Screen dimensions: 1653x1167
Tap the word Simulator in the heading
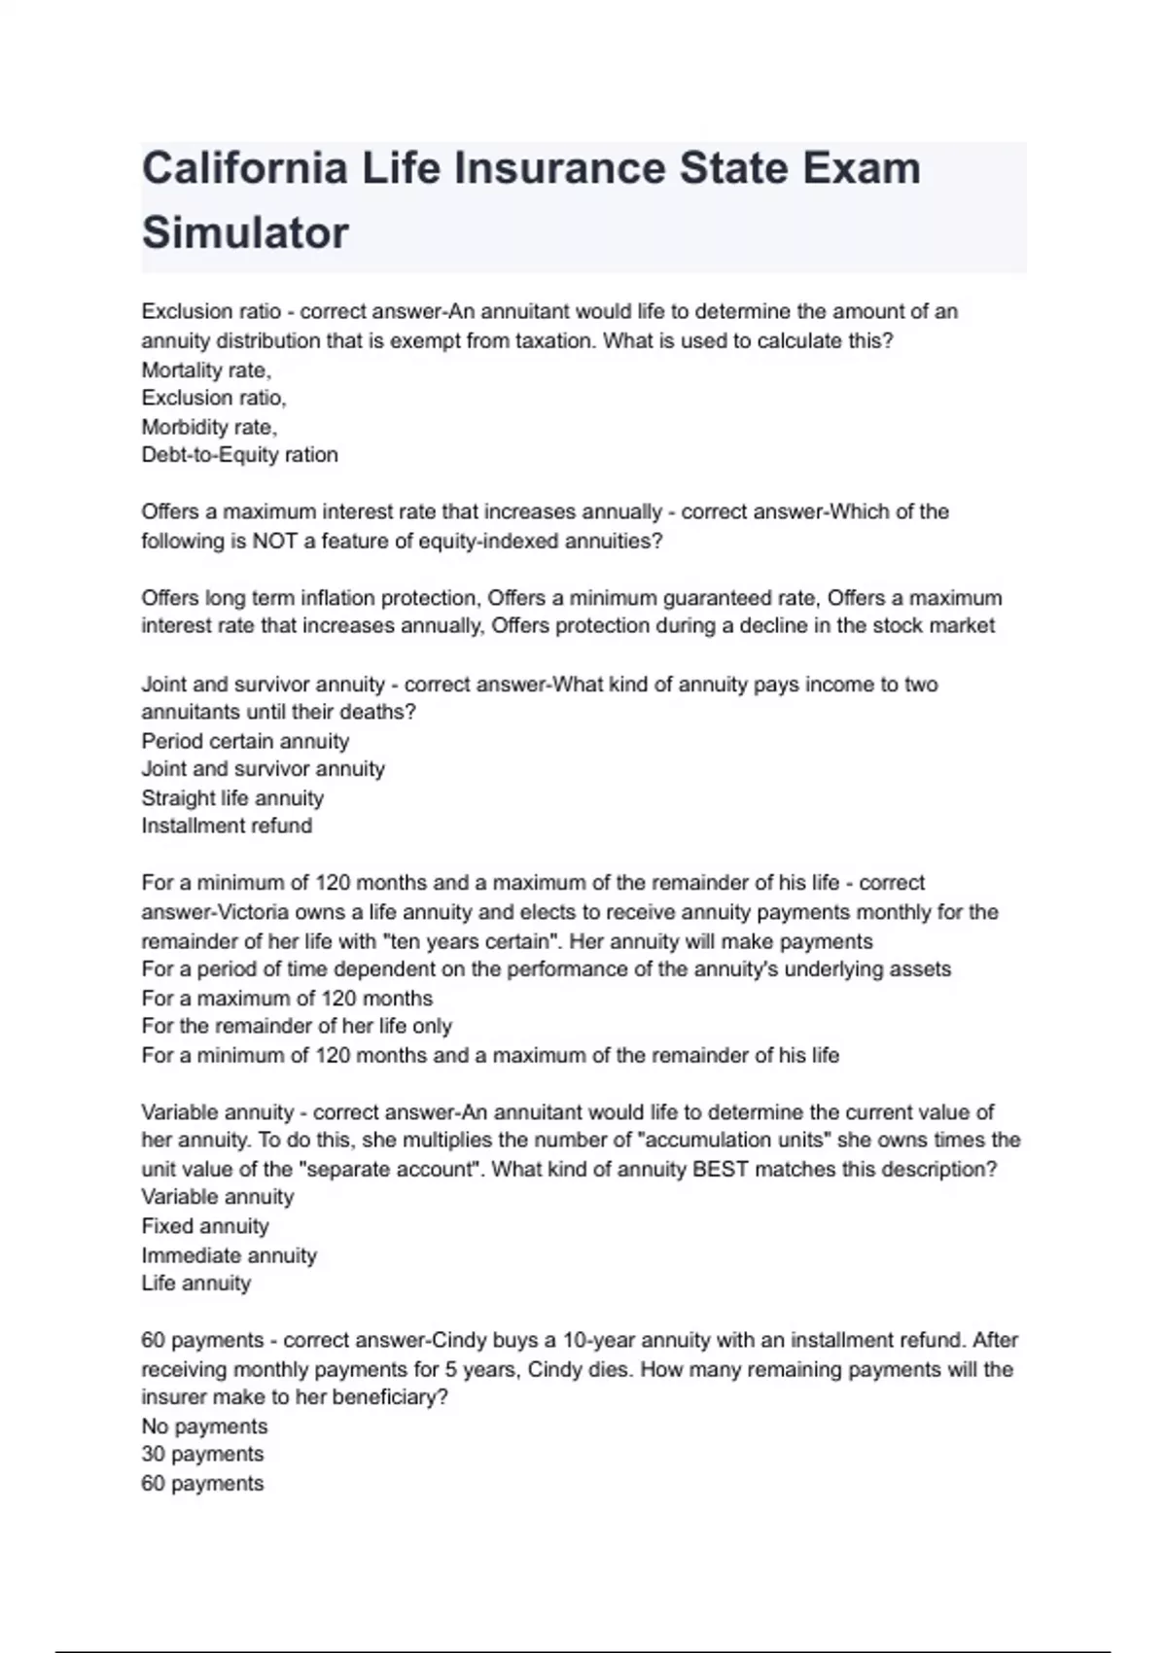(x=245, y=233)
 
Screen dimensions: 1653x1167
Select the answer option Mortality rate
(x=206, y=369)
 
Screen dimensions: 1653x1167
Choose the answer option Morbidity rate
(x=209, y=427)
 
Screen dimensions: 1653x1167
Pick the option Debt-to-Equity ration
(x=239, y=455)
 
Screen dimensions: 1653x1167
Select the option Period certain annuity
(x=245, y=741)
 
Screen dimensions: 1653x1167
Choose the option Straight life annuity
(x=232, y=798)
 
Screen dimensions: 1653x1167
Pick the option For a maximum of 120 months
(x=287, y=998)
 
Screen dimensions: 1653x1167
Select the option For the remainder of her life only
(x=297, y=1026)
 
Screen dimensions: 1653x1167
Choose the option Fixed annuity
(x=205, y=1226)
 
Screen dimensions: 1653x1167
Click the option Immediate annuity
(x=230, y=1255)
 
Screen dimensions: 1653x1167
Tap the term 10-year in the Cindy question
(x=597, y=1340)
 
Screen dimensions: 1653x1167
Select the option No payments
(x=204, y=1426)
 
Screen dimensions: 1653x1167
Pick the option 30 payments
(x=202, y=1455)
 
